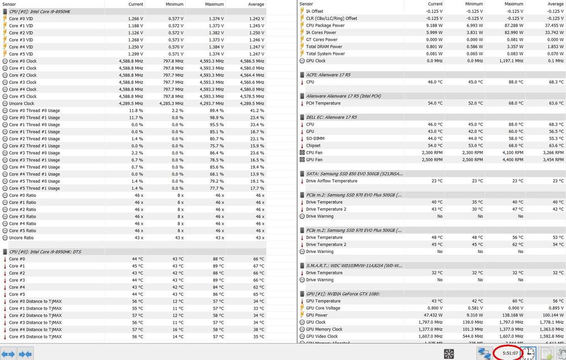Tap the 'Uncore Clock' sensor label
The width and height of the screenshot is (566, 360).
click(x=22, y=104)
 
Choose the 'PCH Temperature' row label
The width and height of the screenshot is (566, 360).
click(x=323, y=103)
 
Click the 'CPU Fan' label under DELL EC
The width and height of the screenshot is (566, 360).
click(x=314, y=153)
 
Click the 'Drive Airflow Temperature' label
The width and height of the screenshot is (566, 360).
click(x=332, y=181)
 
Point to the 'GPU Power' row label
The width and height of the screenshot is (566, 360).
click(x=317, y=315)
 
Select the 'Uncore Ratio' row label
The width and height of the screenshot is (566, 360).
click(x=22, y=238)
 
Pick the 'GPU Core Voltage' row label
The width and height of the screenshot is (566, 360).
click(x=324, y=308)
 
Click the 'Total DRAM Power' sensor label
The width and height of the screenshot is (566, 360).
click(x=324, y=46)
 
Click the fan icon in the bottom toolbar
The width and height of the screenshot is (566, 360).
click(x=449, y=354)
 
